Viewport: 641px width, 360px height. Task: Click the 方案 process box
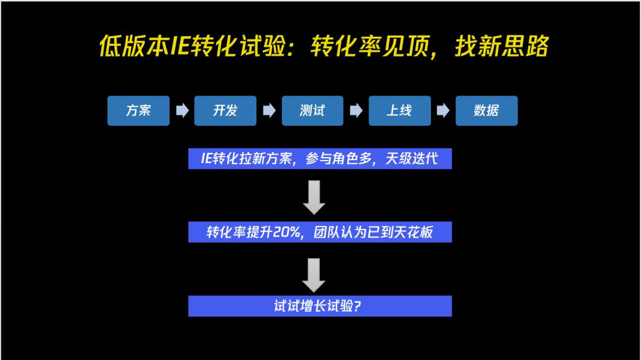138,111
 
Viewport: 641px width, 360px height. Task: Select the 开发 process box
226,111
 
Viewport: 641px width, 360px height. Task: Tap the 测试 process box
312,111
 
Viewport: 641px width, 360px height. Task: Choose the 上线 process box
399,111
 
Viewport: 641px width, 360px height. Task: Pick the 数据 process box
486,111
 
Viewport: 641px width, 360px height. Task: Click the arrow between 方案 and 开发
182,111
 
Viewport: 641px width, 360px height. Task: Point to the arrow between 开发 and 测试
269,111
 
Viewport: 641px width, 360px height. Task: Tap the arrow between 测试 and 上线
356,111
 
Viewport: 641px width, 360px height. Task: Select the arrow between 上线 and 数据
443,111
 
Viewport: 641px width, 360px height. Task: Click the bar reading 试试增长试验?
320,306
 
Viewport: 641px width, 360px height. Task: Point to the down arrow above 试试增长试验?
314,275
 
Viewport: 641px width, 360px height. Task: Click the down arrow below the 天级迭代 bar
314,197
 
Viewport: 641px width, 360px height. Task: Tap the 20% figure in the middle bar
287,232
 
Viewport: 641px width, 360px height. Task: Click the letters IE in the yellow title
179,46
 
